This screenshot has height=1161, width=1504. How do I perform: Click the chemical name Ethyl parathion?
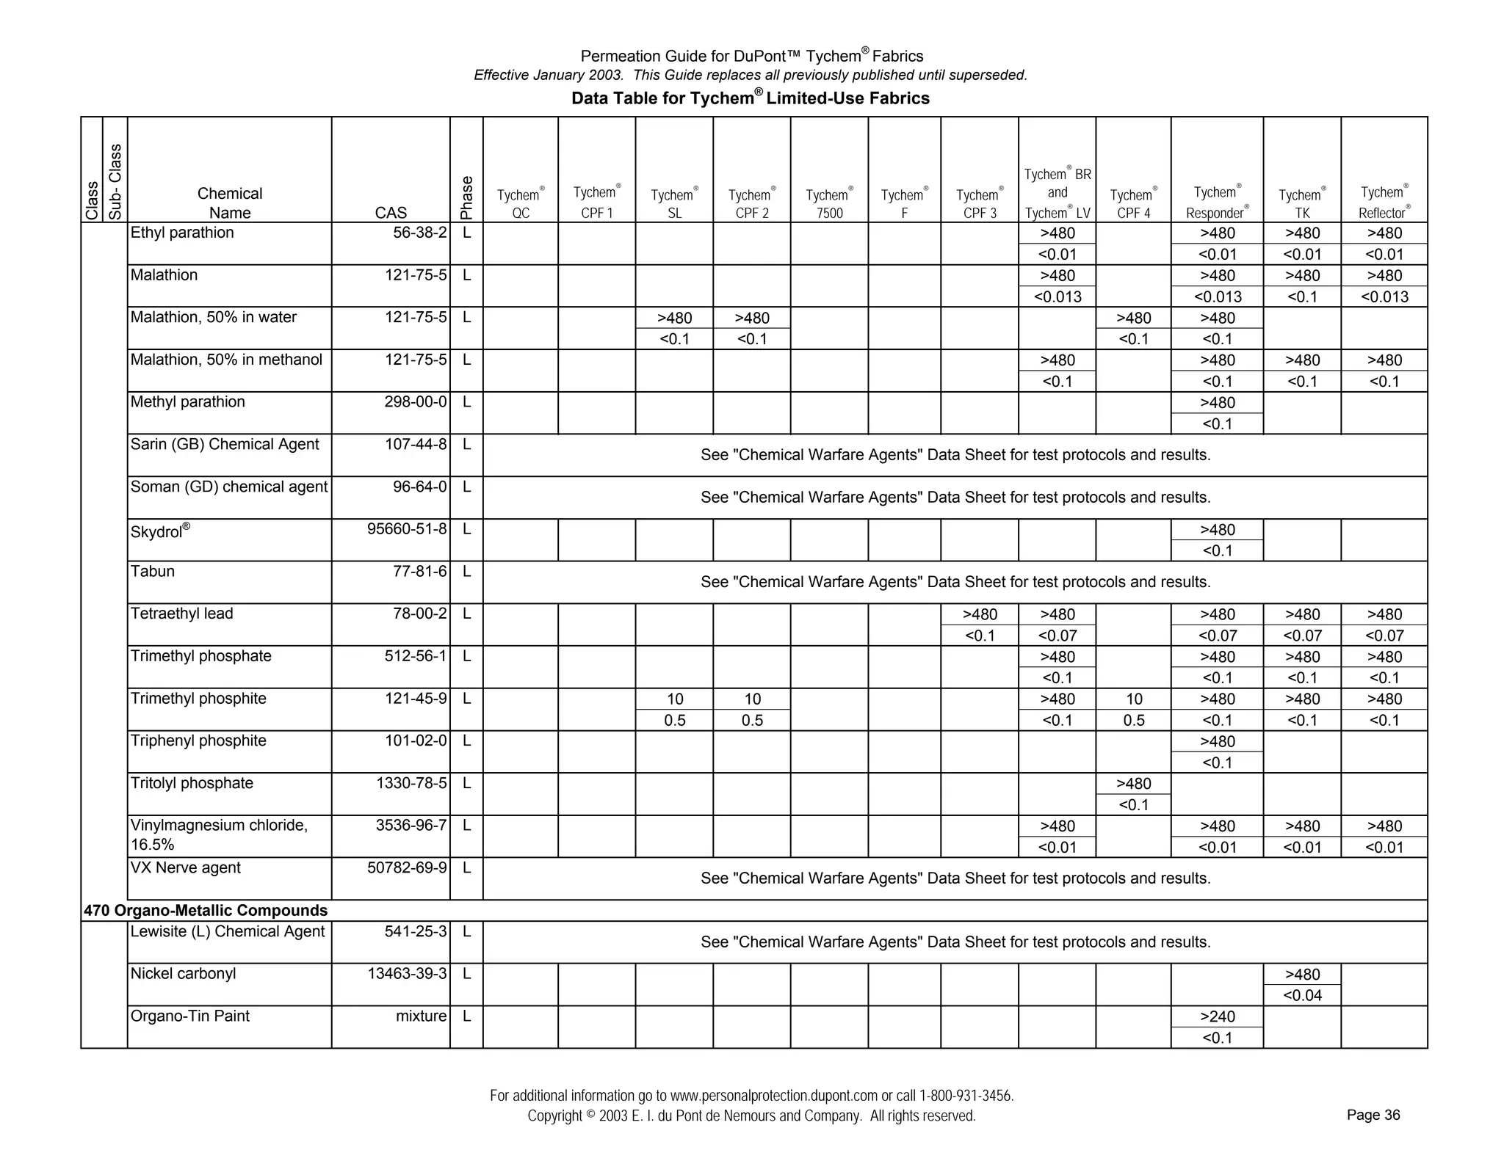(182, 233)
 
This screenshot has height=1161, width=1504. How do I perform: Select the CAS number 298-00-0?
(416, 402)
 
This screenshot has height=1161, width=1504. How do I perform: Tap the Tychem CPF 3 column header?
(979, 204)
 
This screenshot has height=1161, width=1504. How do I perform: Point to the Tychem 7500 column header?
(829, 204)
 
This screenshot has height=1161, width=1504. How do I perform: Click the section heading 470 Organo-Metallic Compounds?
(206, 911)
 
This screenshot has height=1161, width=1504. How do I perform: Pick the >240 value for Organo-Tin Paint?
(1217, 1016)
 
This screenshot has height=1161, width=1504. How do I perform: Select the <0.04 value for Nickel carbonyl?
(1302, 995)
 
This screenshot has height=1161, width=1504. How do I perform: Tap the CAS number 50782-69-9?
(407, 868)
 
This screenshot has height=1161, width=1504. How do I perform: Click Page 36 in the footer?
(1373, 1115)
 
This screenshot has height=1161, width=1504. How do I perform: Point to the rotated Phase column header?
(466, 197)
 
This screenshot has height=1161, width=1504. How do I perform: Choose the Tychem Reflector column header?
(1384, 203)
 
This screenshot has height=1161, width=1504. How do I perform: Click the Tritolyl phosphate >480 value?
(1133, 784)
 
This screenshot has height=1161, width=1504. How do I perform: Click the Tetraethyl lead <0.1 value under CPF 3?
(979, 636)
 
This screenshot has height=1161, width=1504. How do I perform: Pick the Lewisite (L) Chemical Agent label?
(227, 932)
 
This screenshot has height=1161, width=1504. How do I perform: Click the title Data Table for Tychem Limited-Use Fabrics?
(751, 98)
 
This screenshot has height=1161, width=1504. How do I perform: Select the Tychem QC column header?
(520, 204)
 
